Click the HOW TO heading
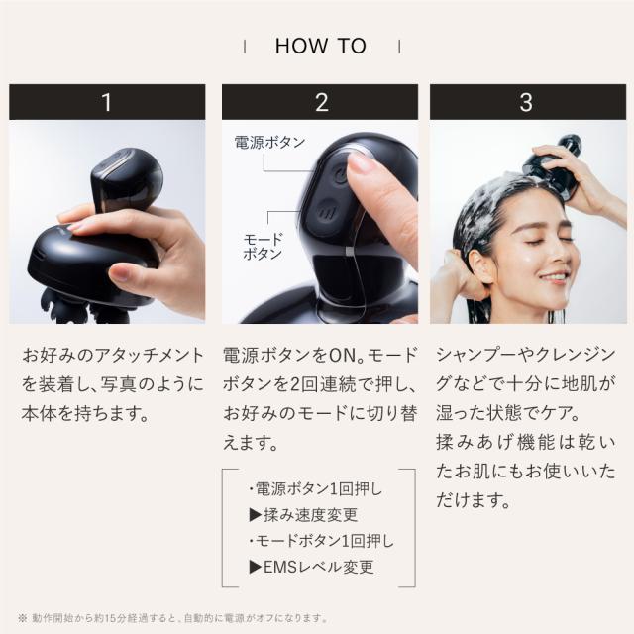320,46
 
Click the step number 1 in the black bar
107,102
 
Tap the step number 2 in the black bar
320,102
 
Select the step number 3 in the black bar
526,102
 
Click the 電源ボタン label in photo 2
269,143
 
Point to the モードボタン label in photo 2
263,247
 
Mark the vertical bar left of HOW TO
244,46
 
